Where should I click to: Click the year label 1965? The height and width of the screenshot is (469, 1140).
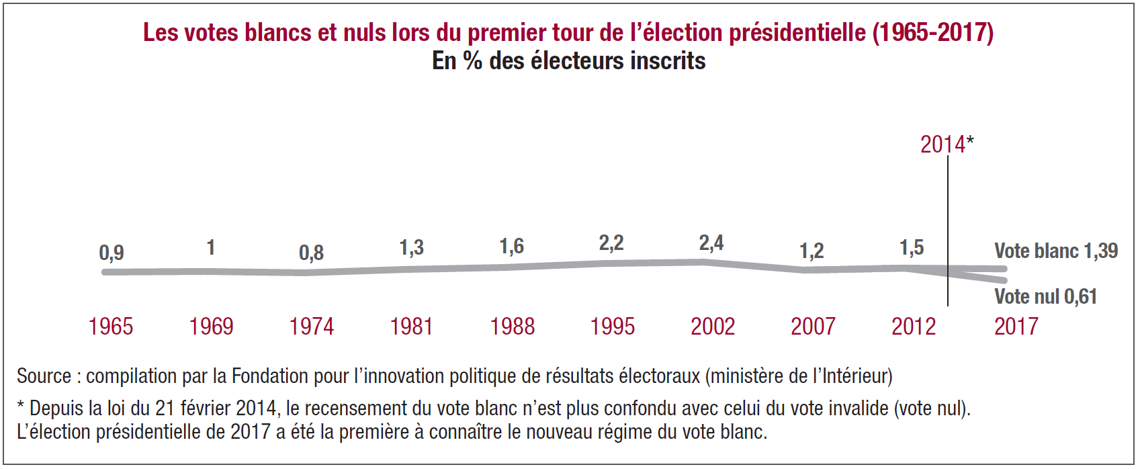coord(111,327)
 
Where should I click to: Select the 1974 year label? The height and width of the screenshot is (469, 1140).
coord(311,327)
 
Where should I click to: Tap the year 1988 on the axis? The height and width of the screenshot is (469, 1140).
coord(512,327)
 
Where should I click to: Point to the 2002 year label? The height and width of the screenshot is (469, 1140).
coord(713,327)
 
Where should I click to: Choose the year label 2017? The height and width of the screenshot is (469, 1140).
coord(1016,327)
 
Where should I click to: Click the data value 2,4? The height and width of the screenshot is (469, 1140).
coord(711,243)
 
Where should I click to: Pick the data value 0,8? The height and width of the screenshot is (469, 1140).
coord(311,253)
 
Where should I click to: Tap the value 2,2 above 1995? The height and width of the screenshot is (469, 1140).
coord(611,243)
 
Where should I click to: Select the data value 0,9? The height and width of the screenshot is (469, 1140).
coord(112,253)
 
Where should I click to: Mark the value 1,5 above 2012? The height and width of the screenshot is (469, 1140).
coord(912,247)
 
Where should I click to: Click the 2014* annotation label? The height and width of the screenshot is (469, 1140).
coord(947,144)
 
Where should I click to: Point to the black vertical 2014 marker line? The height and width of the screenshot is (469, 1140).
coord(948,222)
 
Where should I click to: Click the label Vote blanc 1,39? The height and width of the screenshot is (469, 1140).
coord(1055,251)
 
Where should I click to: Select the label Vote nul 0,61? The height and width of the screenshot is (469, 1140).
coord(1045,296)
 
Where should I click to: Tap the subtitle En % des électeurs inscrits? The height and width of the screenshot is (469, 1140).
coord(568,61)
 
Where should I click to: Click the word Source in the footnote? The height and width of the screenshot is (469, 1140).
coord(44,376)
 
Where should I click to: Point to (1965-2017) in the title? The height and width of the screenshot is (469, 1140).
coord(933,32)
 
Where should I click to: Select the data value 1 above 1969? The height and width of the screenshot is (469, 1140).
coord(210,248)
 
